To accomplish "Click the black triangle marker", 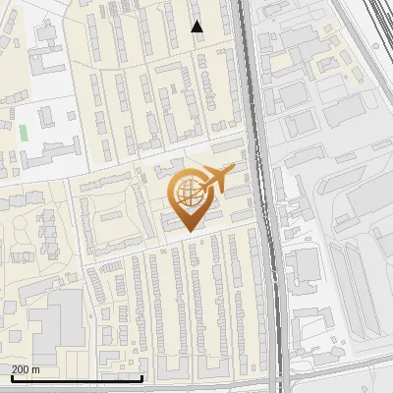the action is (x=196, y=27).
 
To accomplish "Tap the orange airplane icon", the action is (x=219, y=179).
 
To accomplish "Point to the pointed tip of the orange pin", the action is (x=187, y=230).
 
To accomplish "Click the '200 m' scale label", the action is (x=26, y=369).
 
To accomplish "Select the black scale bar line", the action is (x=77, y=378).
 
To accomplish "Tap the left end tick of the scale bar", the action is (x=11, y=376).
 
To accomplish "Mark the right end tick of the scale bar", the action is (x=142, y=376).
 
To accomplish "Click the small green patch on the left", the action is (x=23, y=132).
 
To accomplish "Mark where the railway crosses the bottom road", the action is (x=280, y=384).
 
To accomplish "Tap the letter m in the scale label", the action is (x=36, y=369).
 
